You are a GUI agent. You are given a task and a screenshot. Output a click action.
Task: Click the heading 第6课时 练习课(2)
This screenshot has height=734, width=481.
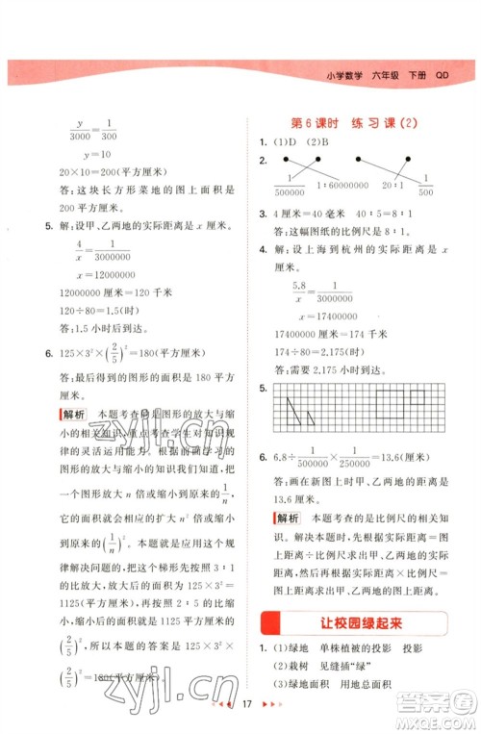tap(355, 124)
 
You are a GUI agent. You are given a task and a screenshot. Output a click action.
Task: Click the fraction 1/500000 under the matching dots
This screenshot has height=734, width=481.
tap(289, 186)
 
